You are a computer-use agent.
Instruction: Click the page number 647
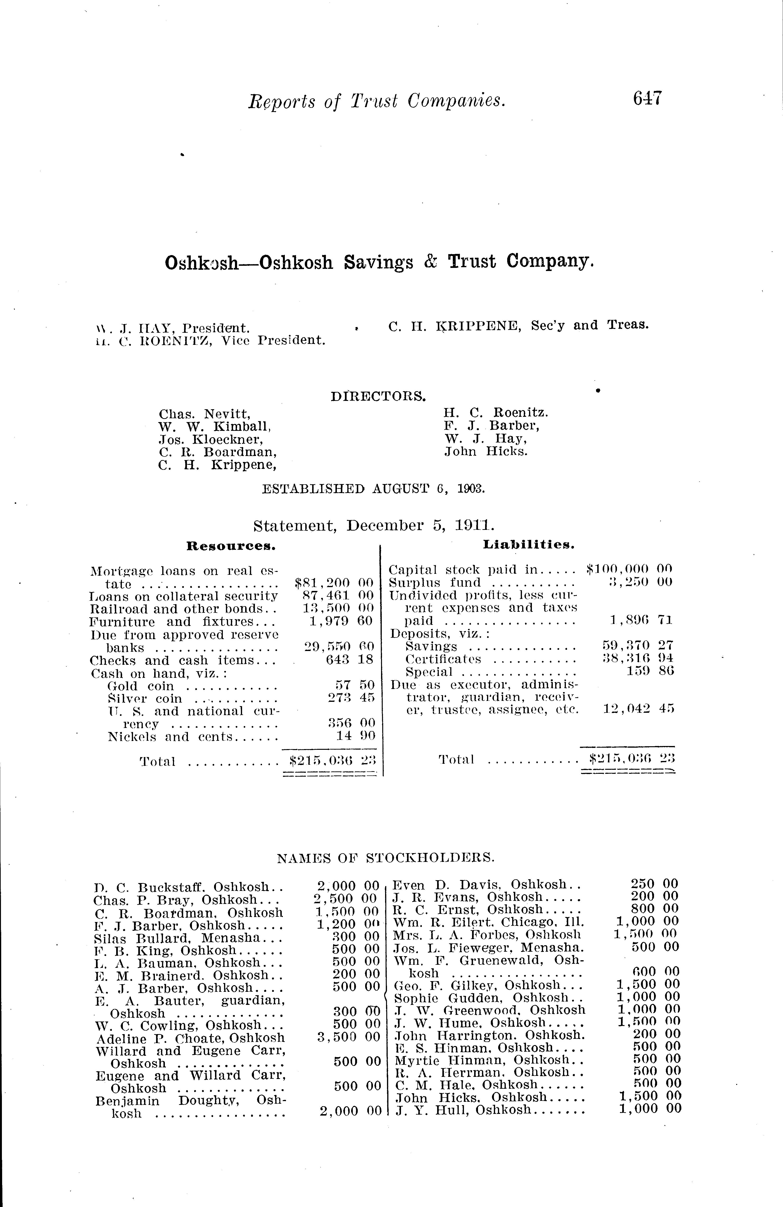tap(647, 98)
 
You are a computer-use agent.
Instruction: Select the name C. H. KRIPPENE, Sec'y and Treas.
tap(518, 325)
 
